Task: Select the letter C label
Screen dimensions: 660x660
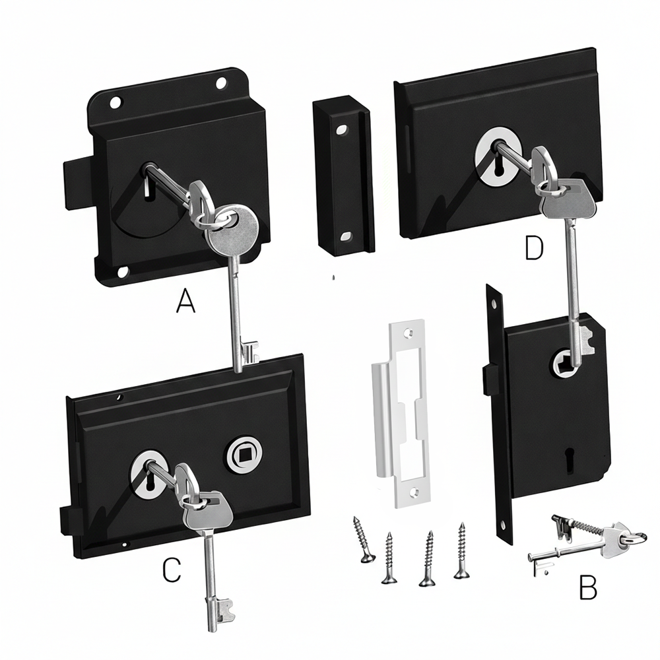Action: click(x=171, y=570)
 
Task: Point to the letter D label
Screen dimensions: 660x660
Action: click(x=533, y=248)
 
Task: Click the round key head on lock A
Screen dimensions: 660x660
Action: click(x=236, y=226)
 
